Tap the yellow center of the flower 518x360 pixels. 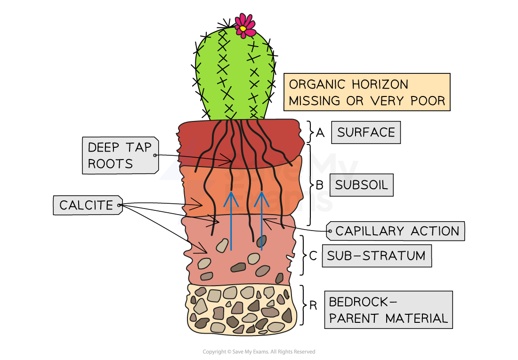point(243,29)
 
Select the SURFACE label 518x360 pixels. point(366,132)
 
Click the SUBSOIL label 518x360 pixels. point(361,185)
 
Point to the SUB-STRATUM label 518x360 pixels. point(376,256)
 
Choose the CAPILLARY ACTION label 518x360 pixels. point(397,231)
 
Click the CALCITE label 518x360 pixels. point(87,205)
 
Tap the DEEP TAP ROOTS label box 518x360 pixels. point(120,155)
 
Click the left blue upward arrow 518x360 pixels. point(231,221)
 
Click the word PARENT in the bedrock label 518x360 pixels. point(355,318)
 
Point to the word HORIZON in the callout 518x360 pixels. point(380,85)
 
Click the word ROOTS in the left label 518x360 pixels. point(110,164)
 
